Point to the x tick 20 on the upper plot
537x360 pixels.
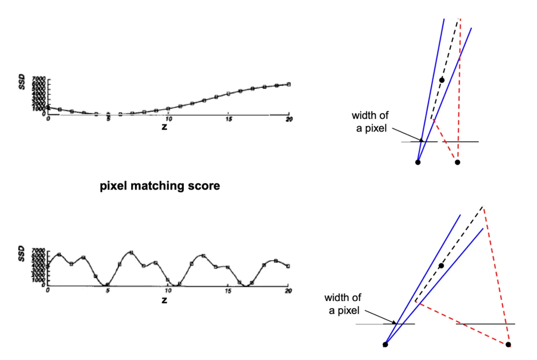[x=288, y=119]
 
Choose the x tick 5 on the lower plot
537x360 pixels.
[x=108, y=291]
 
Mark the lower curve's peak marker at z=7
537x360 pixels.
[x=131, y=252]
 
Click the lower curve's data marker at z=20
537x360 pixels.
[x=288, y=266]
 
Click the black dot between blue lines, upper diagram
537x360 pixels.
[x=442, y=79]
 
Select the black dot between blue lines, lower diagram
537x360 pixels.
[x=441, y=266]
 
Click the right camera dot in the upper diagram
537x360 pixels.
[x=457, y=162]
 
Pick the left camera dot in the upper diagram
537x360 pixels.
[x=418, y=162]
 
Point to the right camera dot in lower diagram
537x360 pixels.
[x=508, y=345]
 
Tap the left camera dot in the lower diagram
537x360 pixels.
[x=385, y=345]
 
